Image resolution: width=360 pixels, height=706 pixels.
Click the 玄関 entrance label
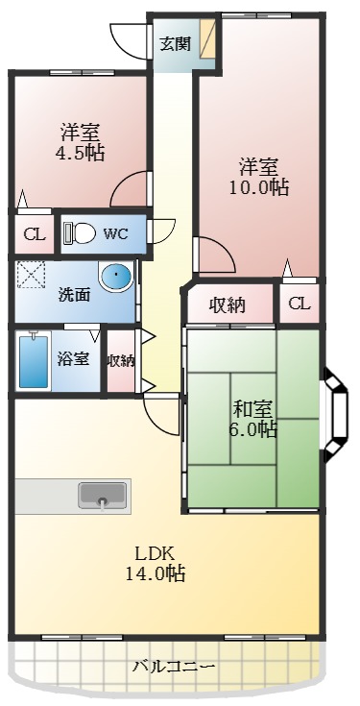click(176, 44)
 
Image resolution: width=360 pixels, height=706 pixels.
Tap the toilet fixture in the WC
click(80, 233)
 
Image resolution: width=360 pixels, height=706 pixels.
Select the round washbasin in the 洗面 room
click(116, 276)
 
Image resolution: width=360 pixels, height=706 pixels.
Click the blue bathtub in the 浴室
click(34, 360)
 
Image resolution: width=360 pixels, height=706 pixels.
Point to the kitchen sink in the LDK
click(103, 497)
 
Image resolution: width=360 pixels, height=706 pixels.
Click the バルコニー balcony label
click(174, 667)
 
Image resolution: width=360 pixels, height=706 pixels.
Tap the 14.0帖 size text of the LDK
click(155, 573)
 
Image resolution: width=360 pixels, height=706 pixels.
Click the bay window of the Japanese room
click(336, 410)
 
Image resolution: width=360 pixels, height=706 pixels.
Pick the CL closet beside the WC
click(35, 234)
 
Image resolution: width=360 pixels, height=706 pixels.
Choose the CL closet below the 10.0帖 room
click(300, 304)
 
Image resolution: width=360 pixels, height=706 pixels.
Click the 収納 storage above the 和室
click(228, 305)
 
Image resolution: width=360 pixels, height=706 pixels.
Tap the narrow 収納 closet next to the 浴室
click(121, 360)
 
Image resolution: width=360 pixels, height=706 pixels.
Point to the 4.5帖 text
click(80, 153)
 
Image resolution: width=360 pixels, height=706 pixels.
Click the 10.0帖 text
click(259, 187)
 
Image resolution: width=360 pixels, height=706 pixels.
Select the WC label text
click(115, 234)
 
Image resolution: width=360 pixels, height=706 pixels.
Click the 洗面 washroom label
click(74, 295)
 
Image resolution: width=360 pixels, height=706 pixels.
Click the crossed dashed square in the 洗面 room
click(32, 275)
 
